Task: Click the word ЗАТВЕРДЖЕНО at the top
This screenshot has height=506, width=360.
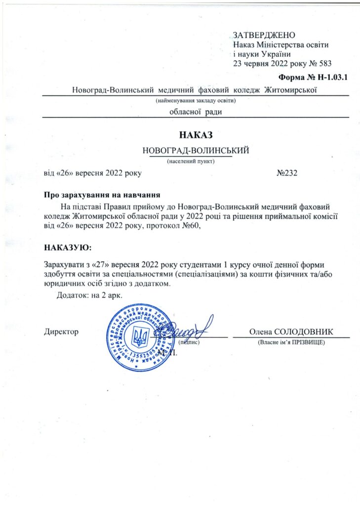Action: click(x=264, y=35)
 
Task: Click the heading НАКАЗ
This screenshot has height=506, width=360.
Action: click(x=196, y=134)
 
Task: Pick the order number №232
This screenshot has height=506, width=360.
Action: click(x=287, y=173)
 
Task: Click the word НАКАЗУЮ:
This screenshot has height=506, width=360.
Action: click(x=68, y=246)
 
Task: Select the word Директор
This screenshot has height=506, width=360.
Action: click(x=61, y=332)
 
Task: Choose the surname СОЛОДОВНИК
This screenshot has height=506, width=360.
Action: click(x=303, y=332)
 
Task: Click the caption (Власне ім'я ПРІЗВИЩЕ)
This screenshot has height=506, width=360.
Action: click(x=290, y=342)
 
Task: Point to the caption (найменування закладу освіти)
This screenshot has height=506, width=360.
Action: click(x=196, y=101)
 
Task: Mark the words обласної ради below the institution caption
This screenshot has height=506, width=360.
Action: click(x=196, y=112)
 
